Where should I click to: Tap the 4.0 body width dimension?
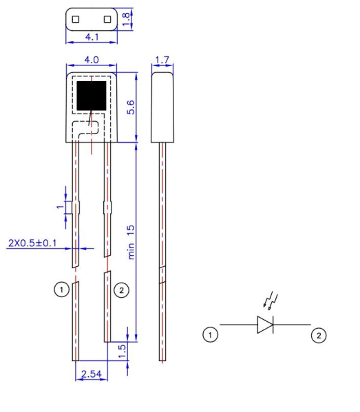(x=91, y=62)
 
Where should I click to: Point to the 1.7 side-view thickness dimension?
(x=162, y=61)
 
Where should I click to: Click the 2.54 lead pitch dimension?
(x=90, y=373)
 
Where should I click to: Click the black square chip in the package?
(x=91, y=96)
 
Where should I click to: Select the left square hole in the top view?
(x=76, y=19)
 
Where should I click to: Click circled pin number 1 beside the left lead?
(x=62, y=290)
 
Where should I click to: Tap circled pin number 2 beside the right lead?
(x=121, y=290)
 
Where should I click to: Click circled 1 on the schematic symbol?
(x=210, y=335)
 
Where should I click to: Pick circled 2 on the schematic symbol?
(x=318, y=335)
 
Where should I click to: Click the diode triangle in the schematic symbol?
(x=265, y=324)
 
